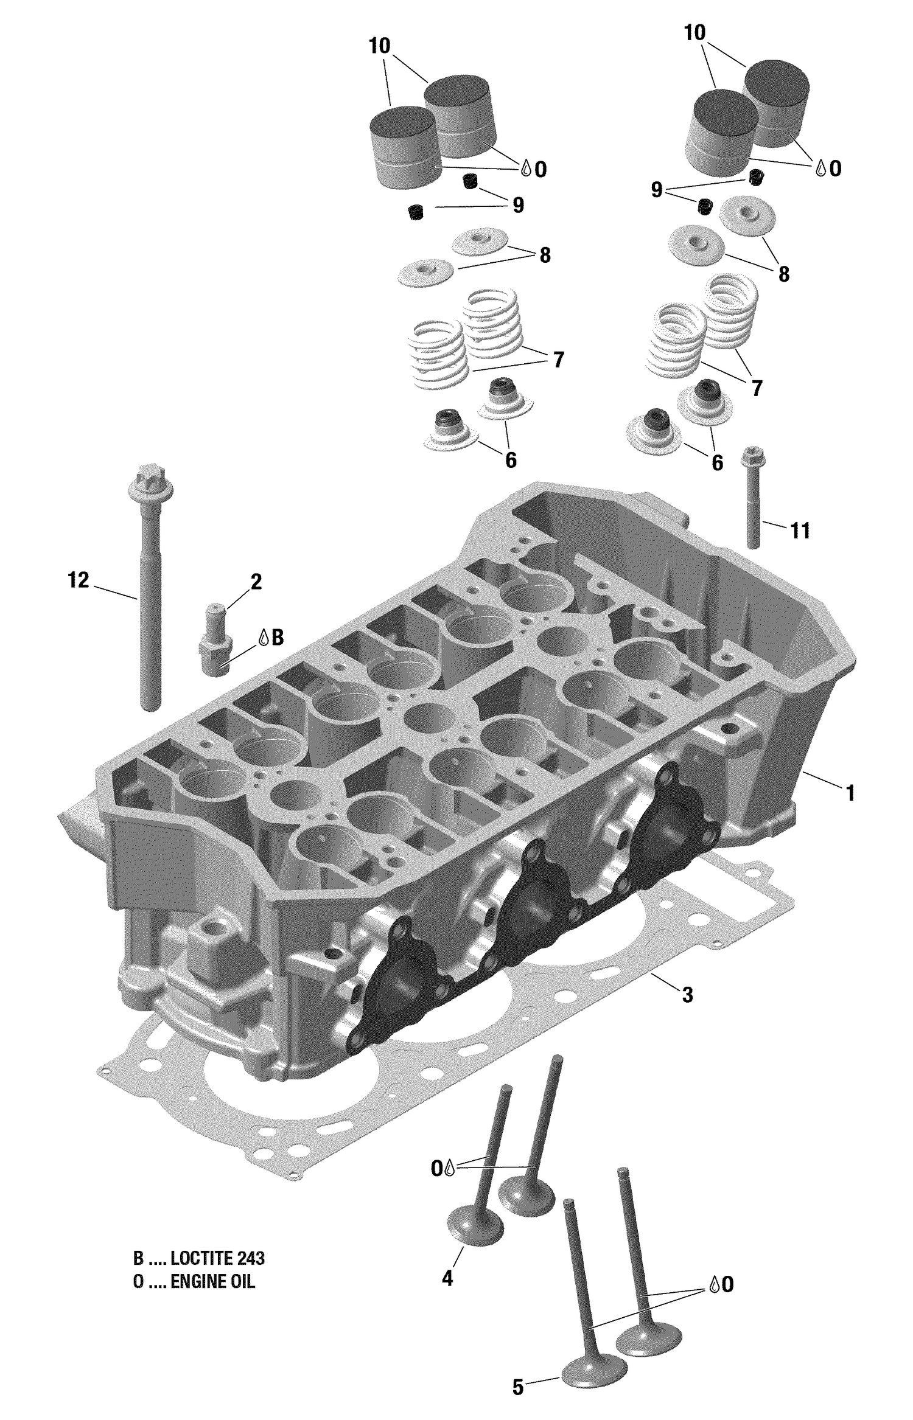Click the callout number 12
point(78,580)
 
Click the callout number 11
point(800,531)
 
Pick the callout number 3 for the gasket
point(687,995)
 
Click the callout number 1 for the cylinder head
point(850,793)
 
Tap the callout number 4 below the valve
point(447,1279)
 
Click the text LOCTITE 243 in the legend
point(217,1258)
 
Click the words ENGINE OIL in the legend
point(212,1282)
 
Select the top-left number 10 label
point(379,46)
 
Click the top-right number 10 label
point(694,33)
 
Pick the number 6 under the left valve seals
point(511,460)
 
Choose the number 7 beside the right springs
point(757,388)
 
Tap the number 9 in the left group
point(518,205)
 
